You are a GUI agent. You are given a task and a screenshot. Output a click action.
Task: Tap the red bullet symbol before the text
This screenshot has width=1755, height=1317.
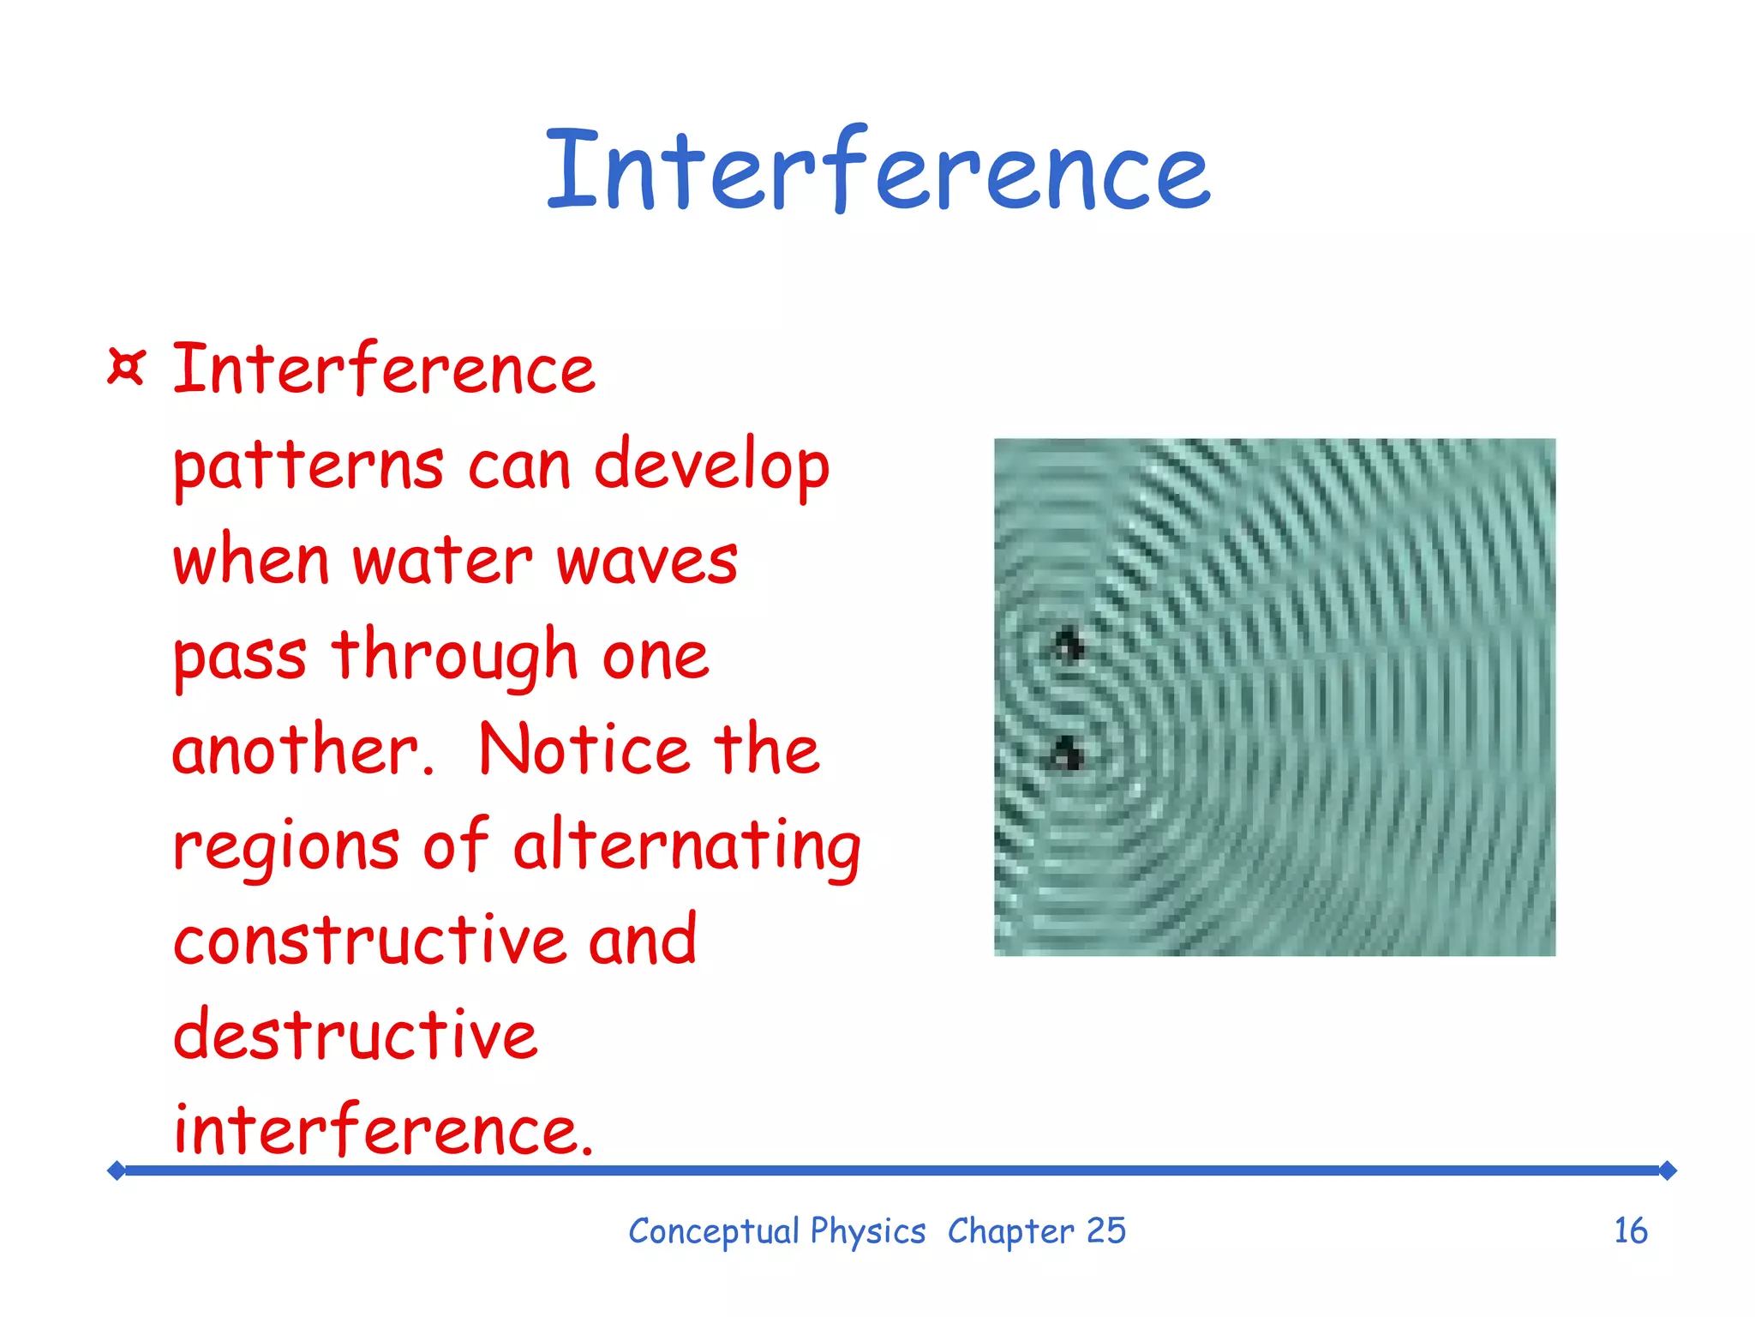(127, 368)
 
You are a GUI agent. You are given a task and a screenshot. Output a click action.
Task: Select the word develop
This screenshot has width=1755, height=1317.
(711, 467)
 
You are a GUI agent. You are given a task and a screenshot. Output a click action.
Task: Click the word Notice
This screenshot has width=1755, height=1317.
(584, 751)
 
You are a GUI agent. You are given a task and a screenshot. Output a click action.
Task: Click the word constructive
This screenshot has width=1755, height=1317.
(369, 941)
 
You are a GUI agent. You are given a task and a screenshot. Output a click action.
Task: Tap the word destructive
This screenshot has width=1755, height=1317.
(356, 1036)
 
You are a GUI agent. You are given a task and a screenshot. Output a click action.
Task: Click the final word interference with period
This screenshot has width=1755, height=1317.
(383, 1130)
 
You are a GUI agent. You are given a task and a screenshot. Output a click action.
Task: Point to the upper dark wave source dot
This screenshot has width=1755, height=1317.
(1069, 645)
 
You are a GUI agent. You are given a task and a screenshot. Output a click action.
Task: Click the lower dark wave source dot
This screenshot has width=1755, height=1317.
(1067, 755)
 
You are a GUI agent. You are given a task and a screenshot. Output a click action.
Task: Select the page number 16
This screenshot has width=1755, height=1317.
(1630, 1231)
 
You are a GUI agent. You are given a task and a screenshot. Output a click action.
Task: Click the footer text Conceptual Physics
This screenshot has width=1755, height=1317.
(776, 1231)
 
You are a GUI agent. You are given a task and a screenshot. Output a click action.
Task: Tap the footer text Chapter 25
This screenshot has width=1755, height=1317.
(1036, 1231)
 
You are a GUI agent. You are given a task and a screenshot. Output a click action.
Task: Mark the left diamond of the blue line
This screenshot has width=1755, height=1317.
(117, 1170)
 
